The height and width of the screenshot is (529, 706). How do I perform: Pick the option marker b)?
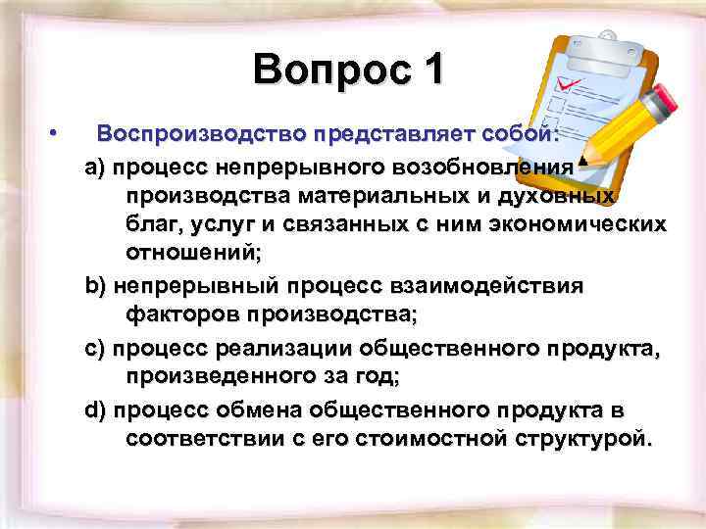pos(96,286)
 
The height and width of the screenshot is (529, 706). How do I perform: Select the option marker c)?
pos(96,347)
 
